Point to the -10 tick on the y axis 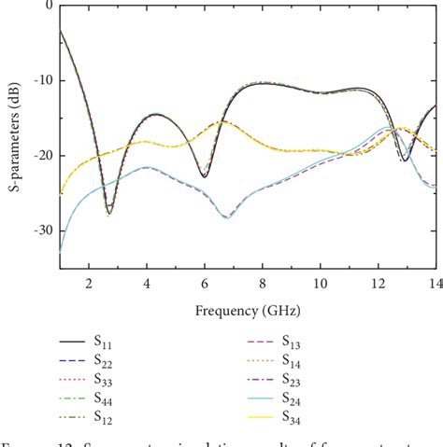(42, 80)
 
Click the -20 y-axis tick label (42, 156)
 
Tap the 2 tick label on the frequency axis (89, 283)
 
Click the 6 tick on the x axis (205, 283)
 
